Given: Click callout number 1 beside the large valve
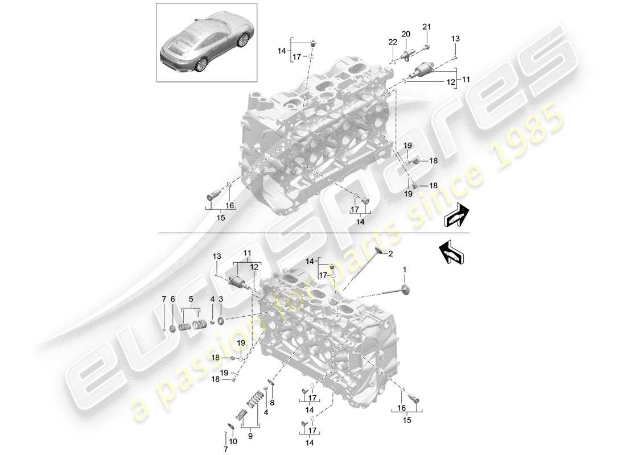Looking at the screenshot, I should click(405, 268).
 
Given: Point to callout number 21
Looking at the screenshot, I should click(427, 27).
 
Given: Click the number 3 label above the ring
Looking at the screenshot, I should click(220, 299).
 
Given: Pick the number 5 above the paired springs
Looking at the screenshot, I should click(191, 299).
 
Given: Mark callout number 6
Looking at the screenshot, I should click(174, 299).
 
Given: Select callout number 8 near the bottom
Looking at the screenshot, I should click(272, 403).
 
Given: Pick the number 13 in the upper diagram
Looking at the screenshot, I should click(455, 38).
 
